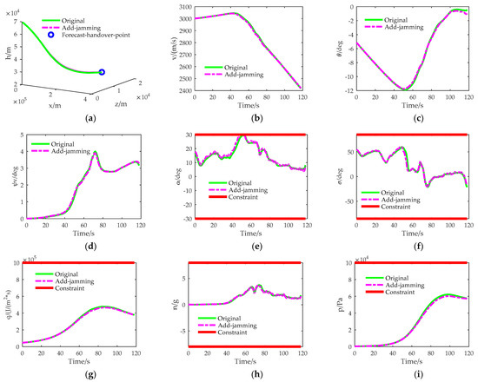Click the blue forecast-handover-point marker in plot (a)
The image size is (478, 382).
coord(102,73)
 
